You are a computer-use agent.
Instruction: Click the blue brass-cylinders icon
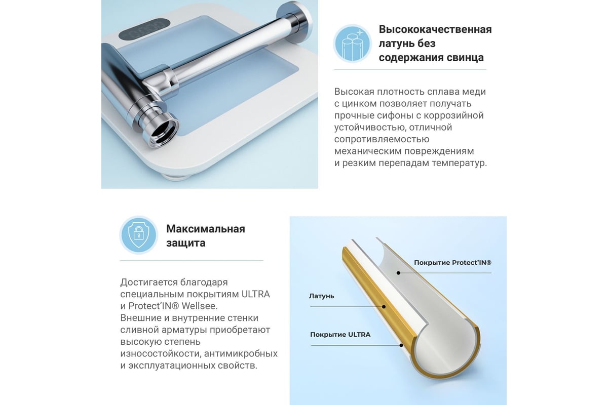pos(352,44)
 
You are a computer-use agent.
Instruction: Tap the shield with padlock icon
pos(138,235)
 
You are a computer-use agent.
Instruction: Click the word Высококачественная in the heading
pos(435,29)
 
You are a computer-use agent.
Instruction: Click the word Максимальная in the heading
pos(206,229)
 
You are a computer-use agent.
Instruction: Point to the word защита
pos(185,243)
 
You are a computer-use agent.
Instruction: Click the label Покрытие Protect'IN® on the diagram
pos(452,263)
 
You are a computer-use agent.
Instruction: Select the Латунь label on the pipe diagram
pos(321,296)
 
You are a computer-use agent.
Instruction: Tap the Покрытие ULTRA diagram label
pos(340,335)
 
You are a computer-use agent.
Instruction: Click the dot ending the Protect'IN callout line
pos(398,273)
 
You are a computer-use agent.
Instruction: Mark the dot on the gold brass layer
pos(384,307)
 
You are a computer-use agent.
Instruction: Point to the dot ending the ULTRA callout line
pos(401,345)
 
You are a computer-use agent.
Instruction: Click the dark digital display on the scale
pos(144,28)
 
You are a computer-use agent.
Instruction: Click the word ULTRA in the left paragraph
pos(256,294)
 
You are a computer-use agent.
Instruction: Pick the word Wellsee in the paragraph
pos(200,306)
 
